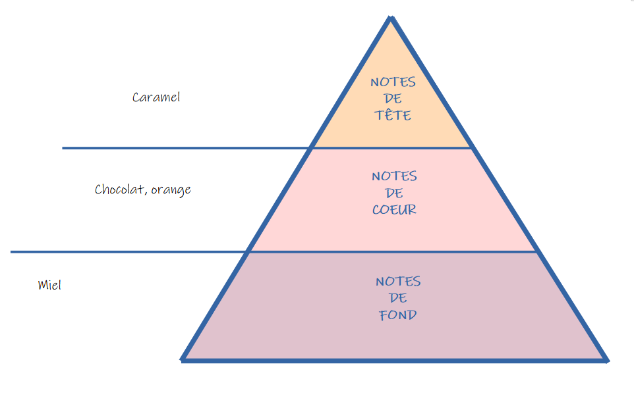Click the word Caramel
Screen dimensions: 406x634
click(x=156, y=97)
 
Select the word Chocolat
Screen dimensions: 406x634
click(x=121, y=190)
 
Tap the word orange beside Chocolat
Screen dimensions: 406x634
click(x=171, y=190)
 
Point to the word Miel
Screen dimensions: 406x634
click(x=49, y=285)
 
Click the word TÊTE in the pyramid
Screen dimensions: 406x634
click(x=393, y=115)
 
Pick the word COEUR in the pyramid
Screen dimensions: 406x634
click(x=394, y=210)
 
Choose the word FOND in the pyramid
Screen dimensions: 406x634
click(x=398, y=315)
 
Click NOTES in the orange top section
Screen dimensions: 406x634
click(x=393, y=82)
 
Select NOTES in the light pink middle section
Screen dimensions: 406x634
click(x=394, y=176)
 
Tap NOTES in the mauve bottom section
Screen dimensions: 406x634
click(x=398, y=281)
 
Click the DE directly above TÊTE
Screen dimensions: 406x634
click(x=393, y=99)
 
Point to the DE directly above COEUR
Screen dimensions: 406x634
click(x=394, y=193)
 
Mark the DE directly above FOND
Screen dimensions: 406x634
click(x=398, y=298)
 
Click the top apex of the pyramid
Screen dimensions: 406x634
click(x=391, y=18)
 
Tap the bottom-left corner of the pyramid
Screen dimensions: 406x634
click(x=183, y=359)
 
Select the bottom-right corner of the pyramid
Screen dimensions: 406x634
click(x=606, y=359)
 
